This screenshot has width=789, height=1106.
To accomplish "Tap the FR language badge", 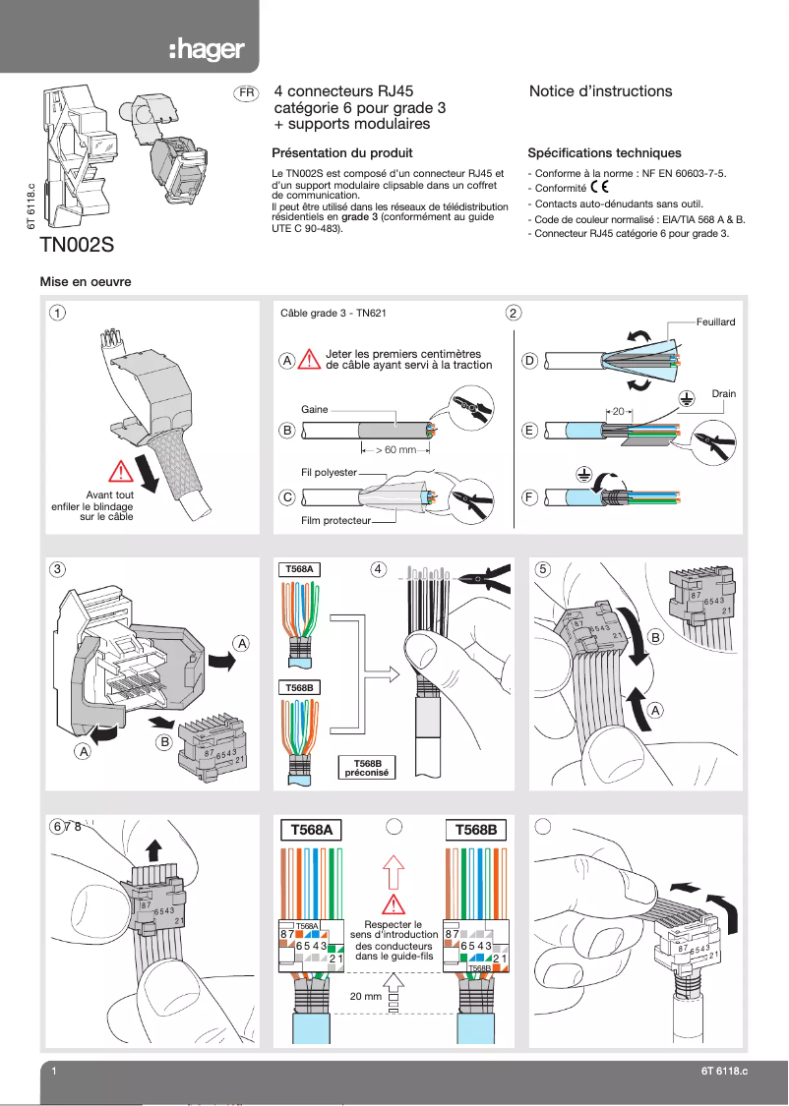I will [245, 93].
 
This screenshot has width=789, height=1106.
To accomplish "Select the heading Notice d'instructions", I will [600, 91].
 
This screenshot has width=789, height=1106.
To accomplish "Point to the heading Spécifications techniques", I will [604, 153].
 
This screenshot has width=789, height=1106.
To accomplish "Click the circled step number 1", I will [60, 314].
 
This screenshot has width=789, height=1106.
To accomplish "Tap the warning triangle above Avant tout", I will [122, 470].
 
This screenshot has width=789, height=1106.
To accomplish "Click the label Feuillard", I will [715, 321].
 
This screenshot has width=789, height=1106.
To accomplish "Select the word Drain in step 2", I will [724, 394].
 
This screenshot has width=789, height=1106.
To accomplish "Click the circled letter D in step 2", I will [529, 362].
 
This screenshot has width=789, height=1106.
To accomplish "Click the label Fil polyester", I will [329, 473].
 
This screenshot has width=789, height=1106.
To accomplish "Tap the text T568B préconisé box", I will [366, 767].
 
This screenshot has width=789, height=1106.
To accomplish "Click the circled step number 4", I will [379, 568].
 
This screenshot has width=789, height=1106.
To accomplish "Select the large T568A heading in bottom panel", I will [311, 830].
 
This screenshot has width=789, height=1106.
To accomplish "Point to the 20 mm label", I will [366, 996].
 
